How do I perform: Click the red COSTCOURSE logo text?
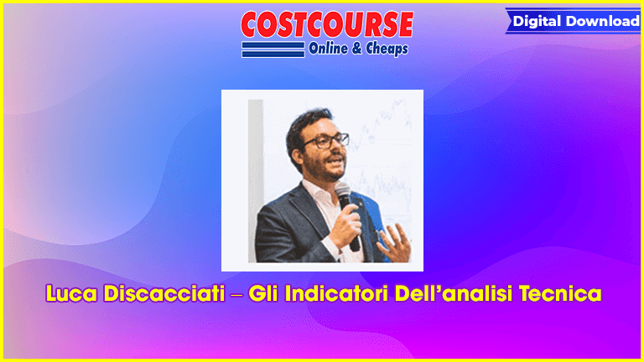327,24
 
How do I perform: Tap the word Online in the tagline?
328,49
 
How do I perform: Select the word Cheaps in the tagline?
387,49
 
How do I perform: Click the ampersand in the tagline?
356,49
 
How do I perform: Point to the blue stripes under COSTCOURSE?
273,49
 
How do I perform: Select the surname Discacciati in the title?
164,294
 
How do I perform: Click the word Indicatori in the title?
337,294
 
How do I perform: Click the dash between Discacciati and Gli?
236,295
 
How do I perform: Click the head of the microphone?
342,192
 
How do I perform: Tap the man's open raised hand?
394,242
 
